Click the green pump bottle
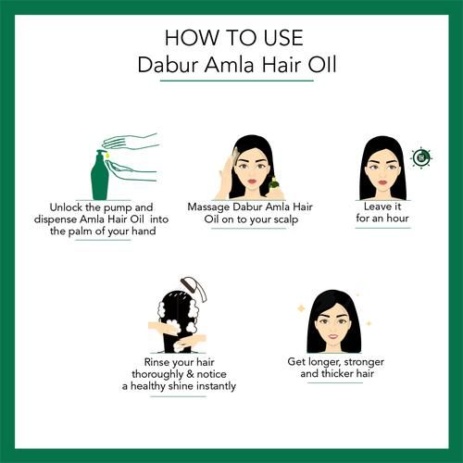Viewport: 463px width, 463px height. click(100, 175)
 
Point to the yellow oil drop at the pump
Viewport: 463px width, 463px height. click(107, 156)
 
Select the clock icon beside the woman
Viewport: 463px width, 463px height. click(421, 157)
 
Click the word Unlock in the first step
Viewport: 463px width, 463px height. click(66, 207)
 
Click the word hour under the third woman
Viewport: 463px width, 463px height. click(397, 219)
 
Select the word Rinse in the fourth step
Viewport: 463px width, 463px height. click(157, 362)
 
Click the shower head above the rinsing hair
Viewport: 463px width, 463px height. click(194, 289)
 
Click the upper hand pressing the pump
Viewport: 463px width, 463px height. click(130, 142)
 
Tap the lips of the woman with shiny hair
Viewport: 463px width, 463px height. click(333, 336)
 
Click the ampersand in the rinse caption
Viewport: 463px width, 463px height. click(191, 374)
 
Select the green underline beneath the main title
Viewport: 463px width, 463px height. click(237, 81)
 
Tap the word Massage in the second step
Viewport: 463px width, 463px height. click(208, 207)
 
